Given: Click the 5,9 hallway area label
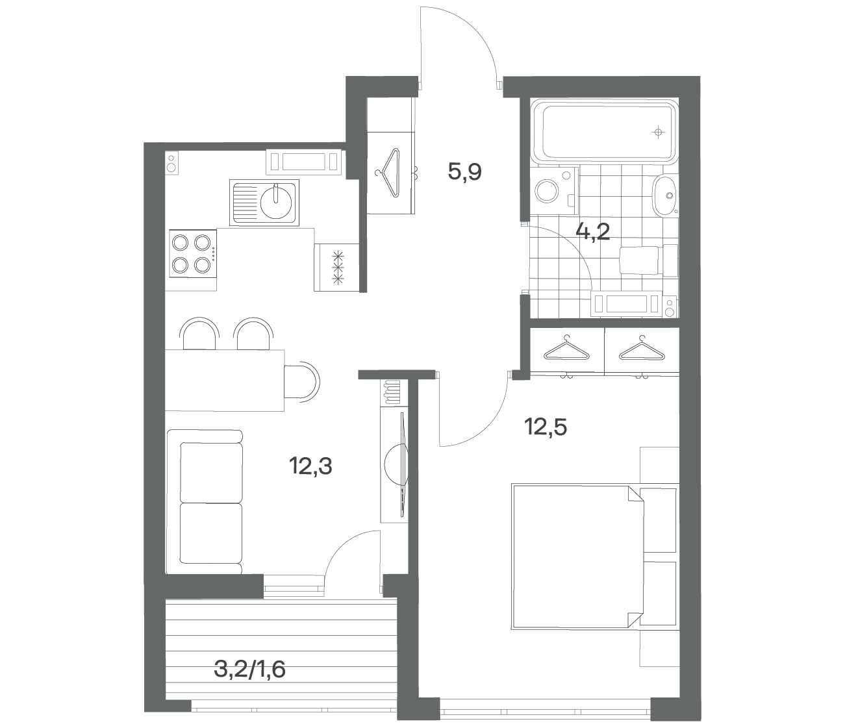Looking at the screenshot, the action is tap(465, 171).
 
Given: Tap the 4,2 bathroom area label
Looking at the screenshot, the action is tap(592, 232).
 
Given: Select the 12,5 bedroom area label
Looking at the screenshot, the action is tap(546, 427).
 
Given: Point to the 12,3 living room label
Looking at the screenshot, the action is tap(310, 466).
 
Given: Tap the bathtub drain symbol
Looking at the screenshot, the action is tap(658, 132).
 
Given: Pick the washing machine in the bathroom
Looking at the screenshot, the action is tap(554, 190).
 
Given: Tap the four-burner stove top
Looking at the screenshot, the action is tap(192, 254).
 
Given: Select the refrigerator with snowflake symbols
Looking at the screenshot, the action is tap(336, 268).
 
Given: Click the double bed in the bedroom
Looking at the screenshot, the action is tap(577, 557).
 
